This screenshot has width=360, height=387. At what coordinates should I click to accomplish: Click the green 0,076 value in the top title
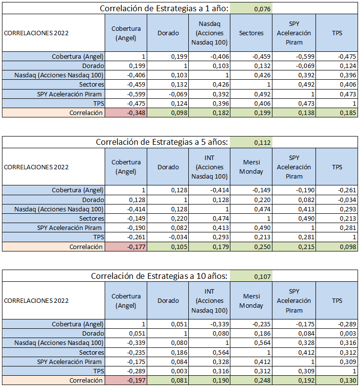pos(251,9)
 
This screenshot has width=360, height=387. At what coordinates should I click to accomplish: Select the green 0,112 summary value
pos(251,142)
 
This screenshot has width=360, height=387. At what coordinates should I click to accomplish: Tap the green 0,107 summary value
pos(251,276)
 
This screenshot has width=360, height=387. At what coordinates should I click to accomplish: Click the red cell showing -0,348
pos(126,113)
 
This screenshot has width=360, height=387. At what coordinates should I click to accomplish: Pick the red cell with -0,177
pos(126,247)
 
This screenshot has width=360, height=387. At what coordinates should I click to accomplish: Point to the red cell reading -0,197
pos(126,380)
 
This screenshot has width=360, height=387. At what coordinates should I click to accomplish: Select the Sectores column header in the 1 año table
pos(251,33)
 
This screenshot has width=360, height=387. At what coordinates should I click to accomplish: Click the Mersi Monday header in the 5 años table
pos(251,167)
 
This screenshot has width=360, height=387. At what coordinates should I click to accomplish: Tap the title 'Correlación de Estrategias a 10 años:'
pos(159,276)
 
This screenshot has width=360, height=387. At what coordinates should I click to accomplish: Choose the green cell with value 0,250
pos(251,247)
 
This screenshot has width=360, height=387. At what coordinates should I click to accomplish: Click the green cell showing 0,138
pos(294,113)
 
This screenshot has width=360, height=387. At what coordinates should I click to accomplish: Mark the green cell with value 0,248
pos(251,380)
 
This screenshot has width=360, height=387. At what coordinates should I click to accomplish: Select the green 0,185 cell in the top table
pos(337,113)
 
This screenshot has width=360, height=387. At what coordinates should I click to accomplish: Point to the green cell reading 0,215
pos(294,247)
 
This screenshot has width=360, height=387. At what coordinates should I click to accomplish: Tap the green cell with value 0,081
pos(168,380)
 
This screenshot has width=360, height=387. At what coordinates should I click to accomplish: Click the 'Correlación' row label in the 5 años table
pos(86,247)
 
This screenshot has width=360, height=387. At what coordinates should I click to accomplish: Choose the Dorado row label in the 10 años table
pos(93,334)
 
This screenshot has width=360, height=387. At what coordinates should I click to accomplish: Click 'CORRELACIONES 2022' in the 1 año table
pos(36,33)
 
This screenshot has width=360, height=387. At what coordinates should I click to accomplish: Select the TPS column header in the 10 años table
pos(337,300)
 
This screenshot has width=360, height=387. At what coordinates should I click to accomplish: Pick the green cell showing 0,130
pos(337,380)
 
